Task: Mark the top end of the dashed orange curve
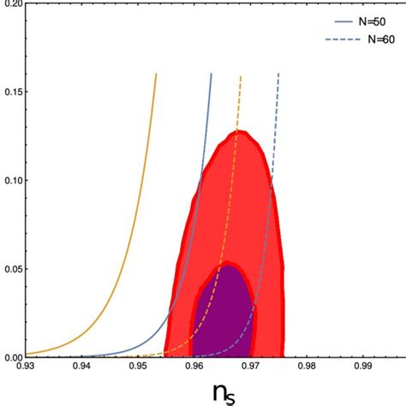click(x=242, y=76)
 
